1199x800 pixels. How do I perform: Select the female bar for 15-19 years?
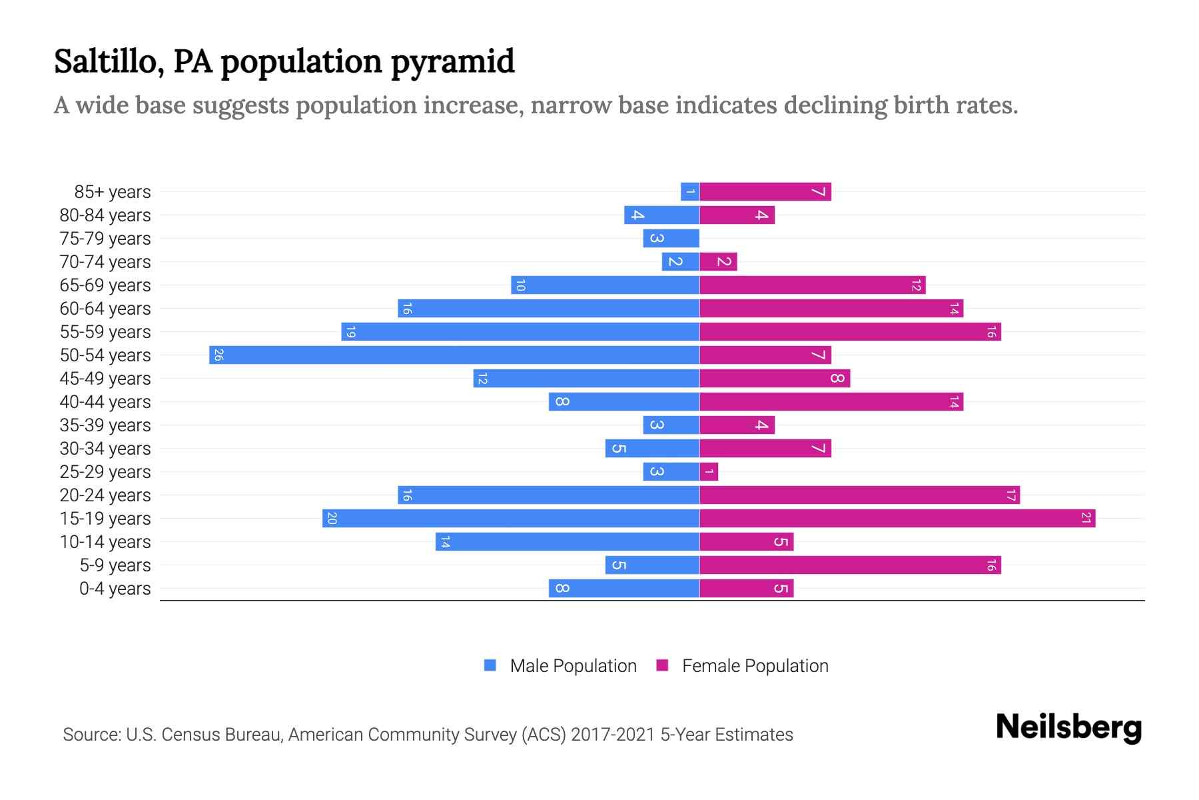tap(897, 518)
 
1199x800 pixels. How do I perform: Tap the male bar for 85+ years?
tap(690, 192)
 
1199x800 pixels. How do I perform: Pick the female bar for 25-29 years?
tap(709, 472)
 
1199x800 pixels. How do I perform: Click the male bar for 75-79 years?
tap(671, 239)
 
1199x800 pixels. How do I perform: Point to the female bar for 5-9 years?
tap(850, 565)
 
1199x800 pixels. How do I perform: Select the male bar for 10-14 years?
tap(568, 542)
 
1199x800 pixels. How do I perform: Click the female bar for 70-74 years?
tap(718, 262)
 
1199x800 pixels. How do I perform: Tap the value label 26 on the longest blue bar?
tap(218, 355)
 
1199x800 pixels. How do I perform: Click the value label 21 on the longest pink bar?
tap(1086, 518)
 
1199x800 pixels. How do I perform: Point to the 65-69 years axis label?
tap(105, 285)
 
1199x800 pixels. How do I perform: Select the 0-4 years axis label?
tap(115, 589)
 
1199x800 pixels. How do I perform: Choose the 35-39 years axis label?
tap(105, 425)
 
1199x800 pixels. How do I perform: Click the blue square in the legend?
tap(490, 665)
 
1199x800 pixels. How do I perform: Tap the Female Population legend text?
tap(755, 666)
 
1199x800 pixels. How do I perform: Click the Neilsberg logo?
tap(1068, 727)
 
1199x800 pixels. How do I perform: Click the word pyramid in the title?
tap(452, 62)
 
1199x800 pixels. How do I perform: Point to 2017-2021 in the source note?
tap(612, 735)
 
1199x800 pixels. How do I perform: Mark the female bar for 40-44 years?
tap(831, 402)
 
